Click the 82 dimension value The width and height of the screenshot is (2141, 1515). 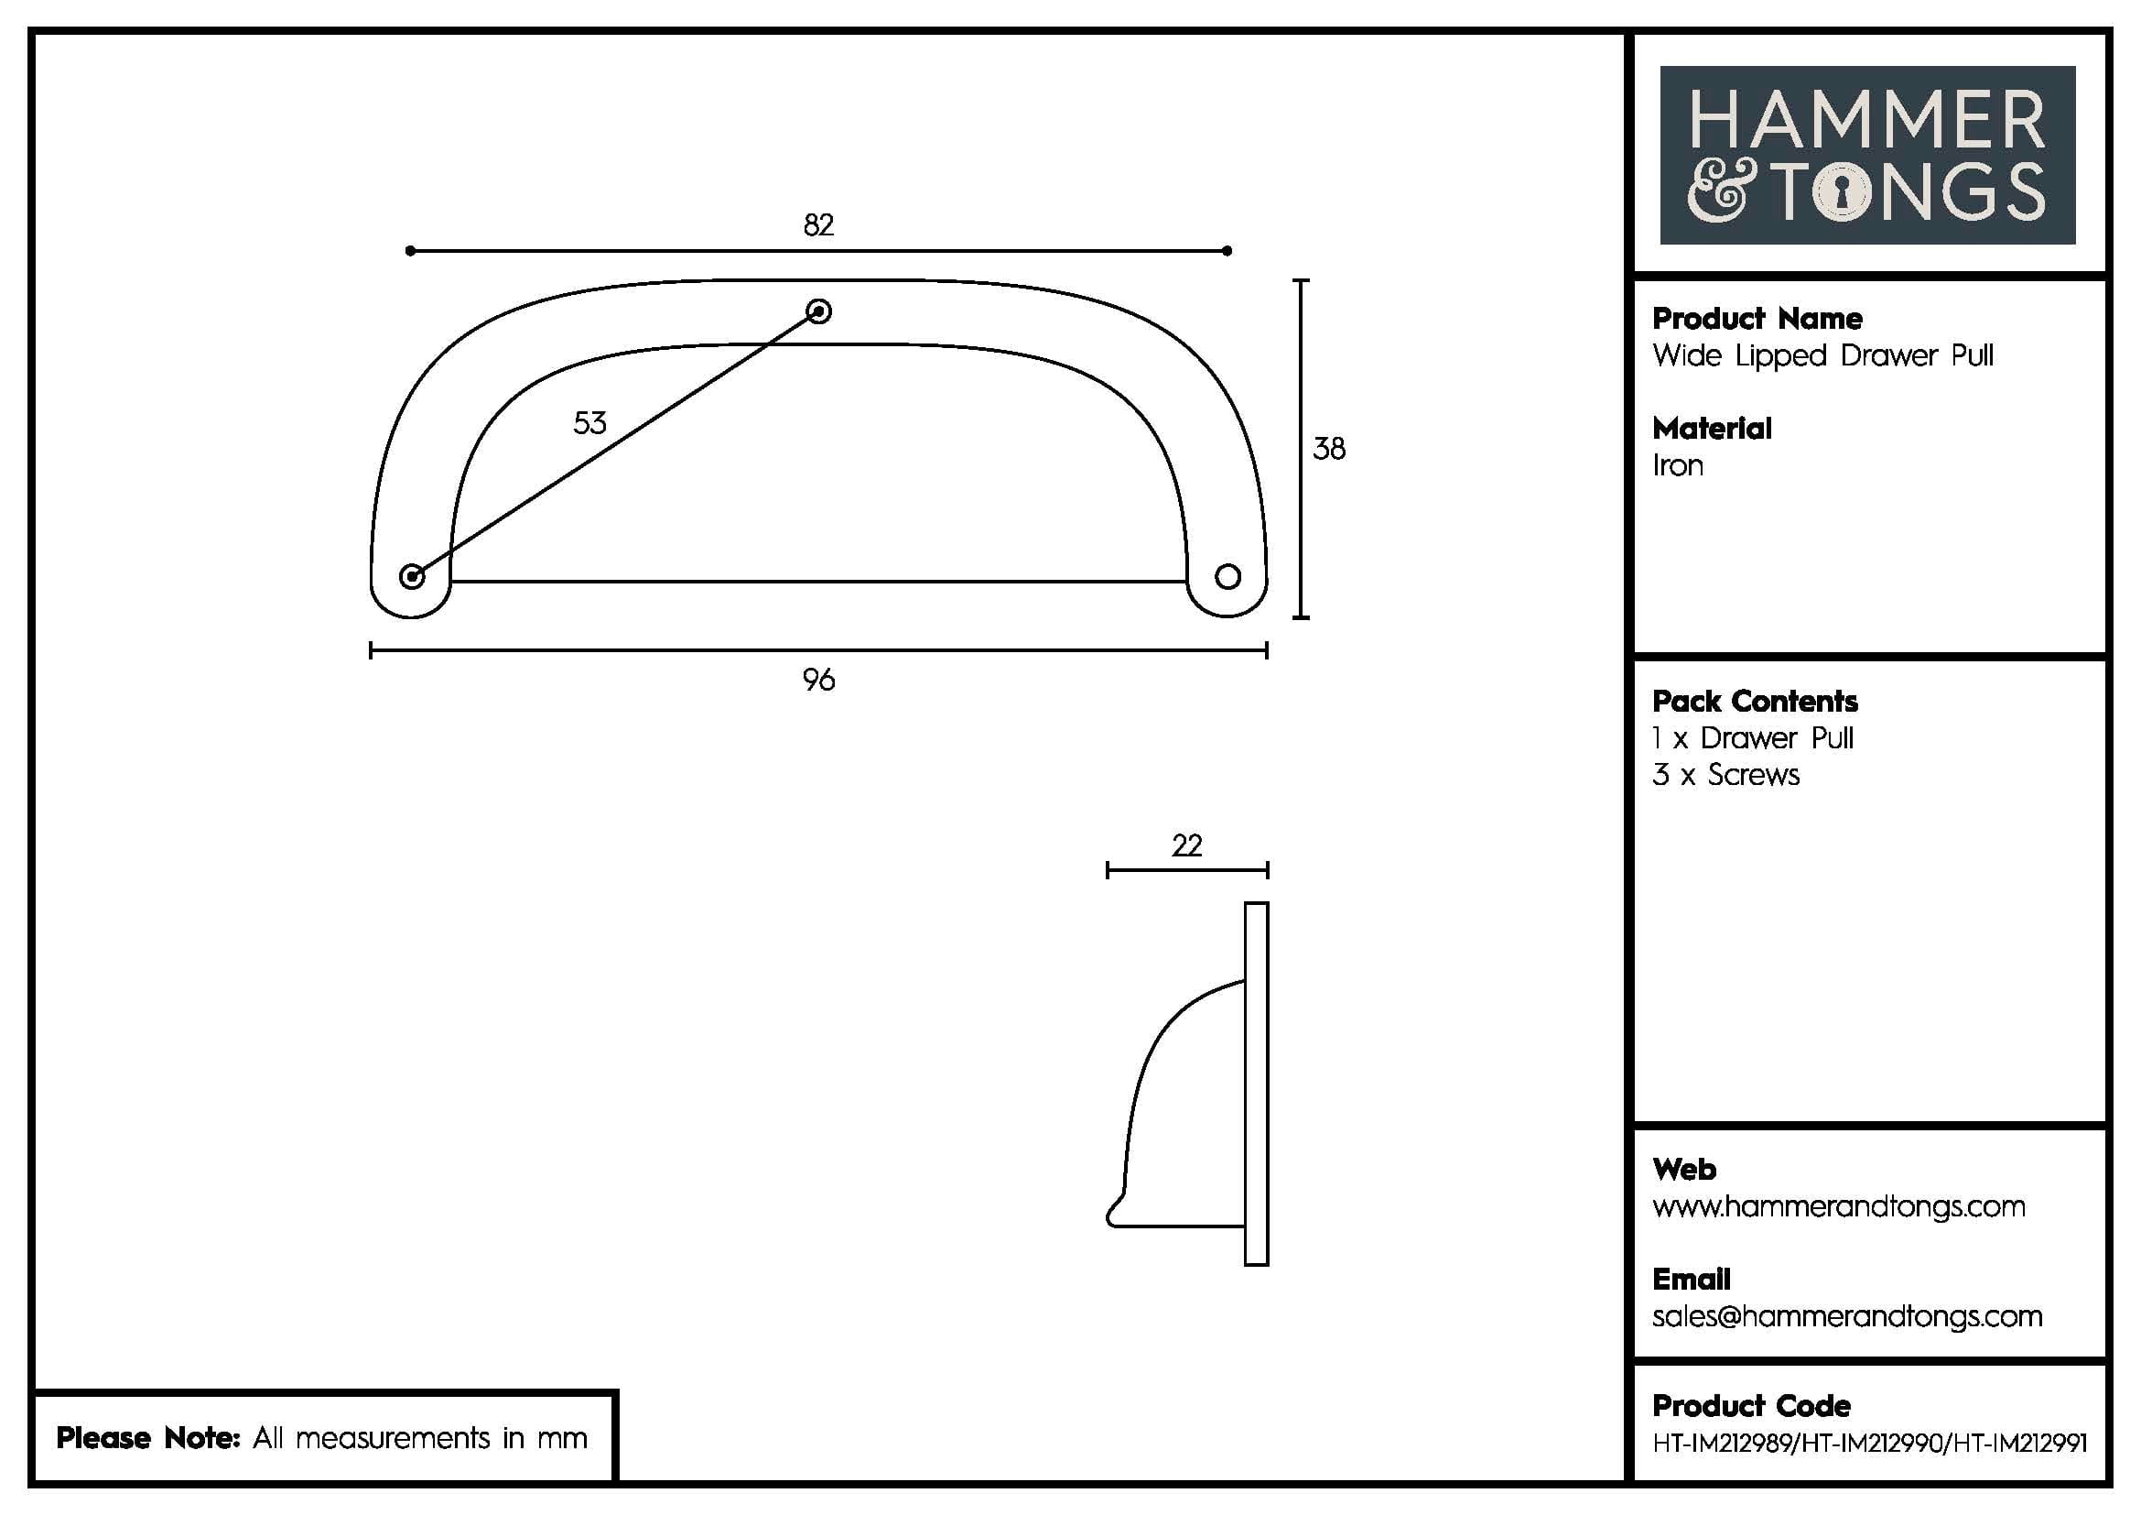point(817,224)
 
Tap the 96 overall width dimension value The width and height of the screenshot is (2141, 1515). point(817,680)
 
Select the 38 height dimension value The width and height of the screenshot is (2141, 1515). point(1329,450)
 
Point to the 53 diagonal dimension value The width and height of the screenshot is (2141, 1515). point(589,423)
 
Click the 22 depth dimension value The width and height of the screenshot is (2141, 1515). point(1186,845)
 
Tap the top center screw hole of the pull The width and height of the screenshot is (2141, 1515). point(818,311)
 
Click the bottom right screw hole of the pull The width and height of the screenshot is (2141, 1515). point(1227,576)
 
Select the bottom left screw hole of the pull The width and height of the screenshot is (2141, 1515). point(411,576)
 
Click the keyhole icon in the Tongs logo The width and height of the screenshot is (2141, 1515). point(1842,193)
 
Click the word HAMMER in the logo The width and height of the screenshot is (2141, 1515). point(1865,120)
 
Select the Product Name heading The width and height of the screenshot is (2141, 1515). point(1757,319)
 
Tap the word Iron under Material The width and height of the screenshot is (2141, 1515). point(1678,465)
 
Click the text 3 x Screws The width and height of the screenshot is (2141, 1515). point(1725,775)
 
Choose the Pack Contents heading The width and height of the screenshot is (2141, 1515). point(1754,702)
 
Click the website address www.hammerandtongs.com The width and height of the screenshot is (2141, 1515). point(1838,1207)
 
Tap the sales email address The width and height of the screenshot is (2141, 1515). point(1846,1316)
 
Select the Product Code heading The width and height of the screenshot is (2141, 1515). point(1751,1406)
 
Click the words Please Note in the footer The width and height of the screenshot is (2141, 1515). point(148,1438)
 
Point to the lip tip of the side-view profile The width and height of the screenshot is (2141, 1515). point(1112,1216)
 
